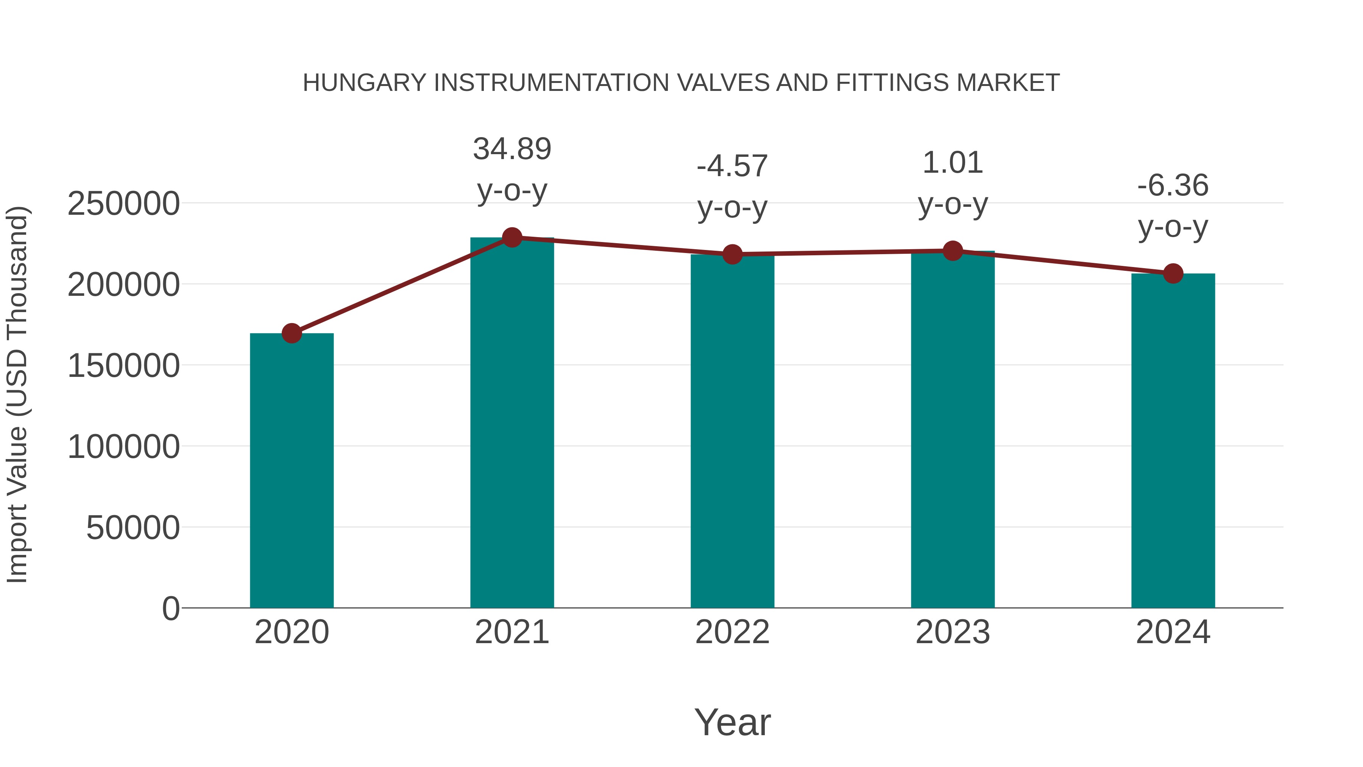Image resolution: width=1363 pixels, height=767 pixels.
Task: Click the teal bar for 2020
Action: click(x=292, y=471)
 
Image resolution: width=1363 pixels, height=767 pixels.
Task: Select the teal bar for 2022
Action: click(x=732, y=431)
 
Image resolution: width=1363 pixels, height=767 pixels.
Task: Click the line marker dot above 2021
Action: click(x=512, y=237)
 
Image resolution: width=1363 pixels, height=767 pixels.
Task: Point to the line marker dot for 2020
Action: click(x=292, y=333)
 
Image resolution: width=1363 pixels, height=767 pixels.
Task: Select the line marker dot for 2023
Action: click(x=953, y=251)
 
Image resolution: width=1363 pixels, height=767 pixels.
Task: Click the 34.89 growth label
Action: click(x=512, y=149)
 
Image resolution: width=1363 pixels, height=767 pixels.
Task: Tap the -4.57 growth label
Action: click(x=732, y=166)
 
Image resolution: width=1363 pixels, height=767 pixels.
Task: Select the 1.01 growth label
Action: click(x=953, y=162)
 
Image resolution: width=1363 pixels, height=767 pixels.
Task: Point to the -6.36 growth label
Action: click(x=1173, y=186)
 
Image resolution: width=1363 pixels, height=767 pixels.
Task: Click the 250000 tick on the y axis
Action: click(x=123, y=204)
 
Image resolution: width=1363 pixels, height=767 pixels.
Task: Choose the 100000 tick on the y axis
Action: click(x=123, y=447)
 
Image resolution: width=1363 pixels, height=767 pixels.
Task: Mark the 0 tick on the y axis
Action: click(x=170, y=609)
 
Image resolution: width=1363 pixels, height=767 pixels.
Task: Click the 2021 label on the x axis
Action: click(x=512, y=632)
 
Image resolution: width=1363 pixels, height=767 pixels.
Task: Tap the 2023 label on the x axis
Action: click(x=953, y=632)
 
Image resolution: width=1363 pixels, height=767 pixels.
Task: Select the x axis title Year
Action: click(x=732, y=722)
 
